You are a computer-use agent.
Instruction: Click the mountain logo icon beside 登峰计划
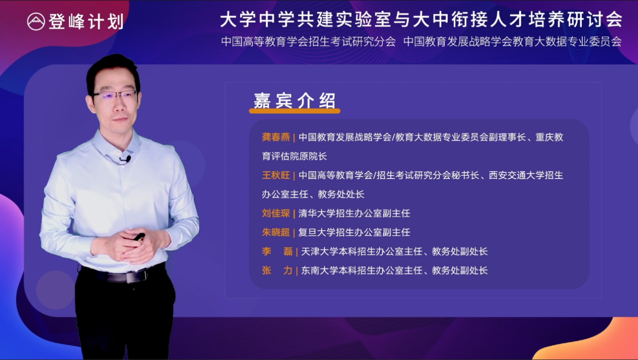pos(36,22)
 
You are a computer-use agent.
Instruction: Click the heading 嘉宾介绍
pos(295,101)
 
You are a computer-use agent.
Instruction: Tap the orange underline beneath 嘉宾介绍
pos(295,111)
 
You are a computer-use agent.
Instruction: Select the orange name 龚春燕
pos(276,137)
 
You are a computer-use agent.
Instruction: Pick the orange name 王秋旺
pos(276,175)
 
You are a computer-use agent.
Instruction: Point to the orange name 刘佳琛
pos(276,213)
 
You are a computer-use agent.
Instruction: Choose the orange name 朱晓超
pos(276,232)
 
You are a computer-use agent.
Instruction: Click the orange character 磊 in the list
pos(288,251)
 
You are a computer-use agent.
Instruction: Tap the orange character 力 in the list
pos(288,270)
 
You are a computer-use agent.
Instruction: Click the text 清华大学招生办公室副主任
pos(354,213)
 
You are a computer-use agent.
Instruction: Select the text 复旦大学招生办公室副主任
pos(354,232)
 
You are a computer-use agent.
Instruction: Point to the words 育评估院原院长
pos(294,156)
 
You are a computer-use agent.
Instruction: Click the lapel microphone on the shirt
pos(127,159)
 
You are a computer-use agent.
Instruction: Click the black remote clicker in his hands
pos(139,237)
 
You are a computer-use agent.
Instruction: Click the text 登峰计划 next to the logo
pos(87,22)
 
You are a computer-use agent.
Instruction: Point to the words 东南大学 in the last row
pos(320,270)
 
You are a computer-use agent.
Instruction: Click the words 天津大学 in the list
pos(320,251)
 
